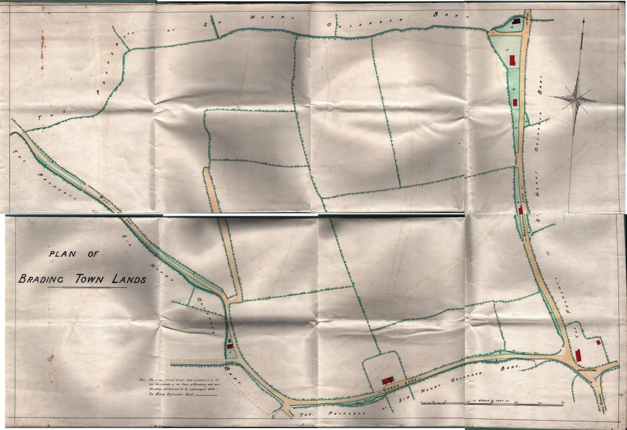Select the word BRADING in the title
(x=42, y=279)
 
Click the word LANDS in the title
(x=128, y=279)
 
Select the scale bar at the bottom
(x=492, y=402)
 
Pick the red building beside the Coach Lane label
(x=387, y=380)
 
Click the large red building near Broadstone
(x=578, y=355)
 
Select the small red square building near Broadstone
(x=598, y=343)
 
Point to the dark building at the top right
(x=516, y=21)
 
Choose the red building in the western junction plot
(x=230, y=345)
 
